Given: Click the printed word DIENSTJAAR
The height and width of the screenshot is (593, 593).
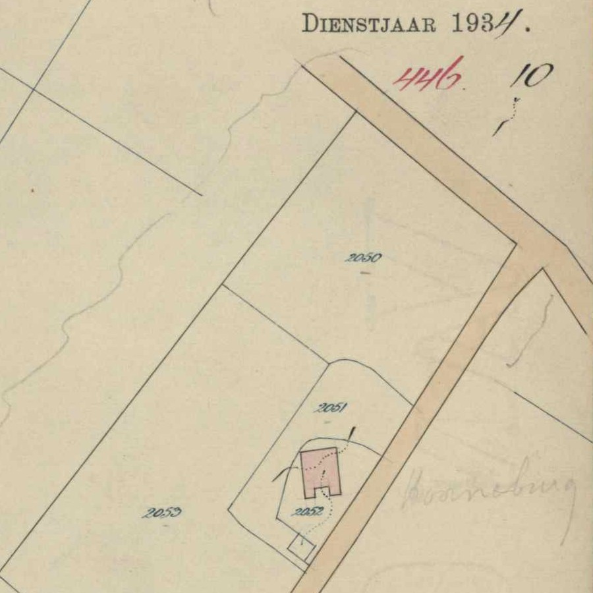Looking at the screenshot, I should [x=369, y=23].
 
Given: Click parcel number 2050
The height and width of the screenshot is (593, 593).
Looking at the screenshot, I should [x=363, y=258].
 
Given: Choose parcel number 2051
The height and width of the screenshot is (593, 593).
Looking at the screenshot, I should [x=331, y=408].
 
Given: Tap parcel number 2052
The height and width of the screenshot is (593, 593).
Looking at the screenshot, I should [x=307, y=511].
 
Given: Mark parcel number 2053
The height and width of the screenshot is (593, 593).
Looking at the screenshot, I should [x=162, y=513].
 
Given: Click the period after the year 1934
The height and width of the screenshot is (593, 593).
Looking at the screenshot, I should [x=526, y=30].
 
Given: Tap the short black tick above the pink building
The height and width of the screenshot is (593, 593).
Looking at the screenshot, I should [x=351, y=434].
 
